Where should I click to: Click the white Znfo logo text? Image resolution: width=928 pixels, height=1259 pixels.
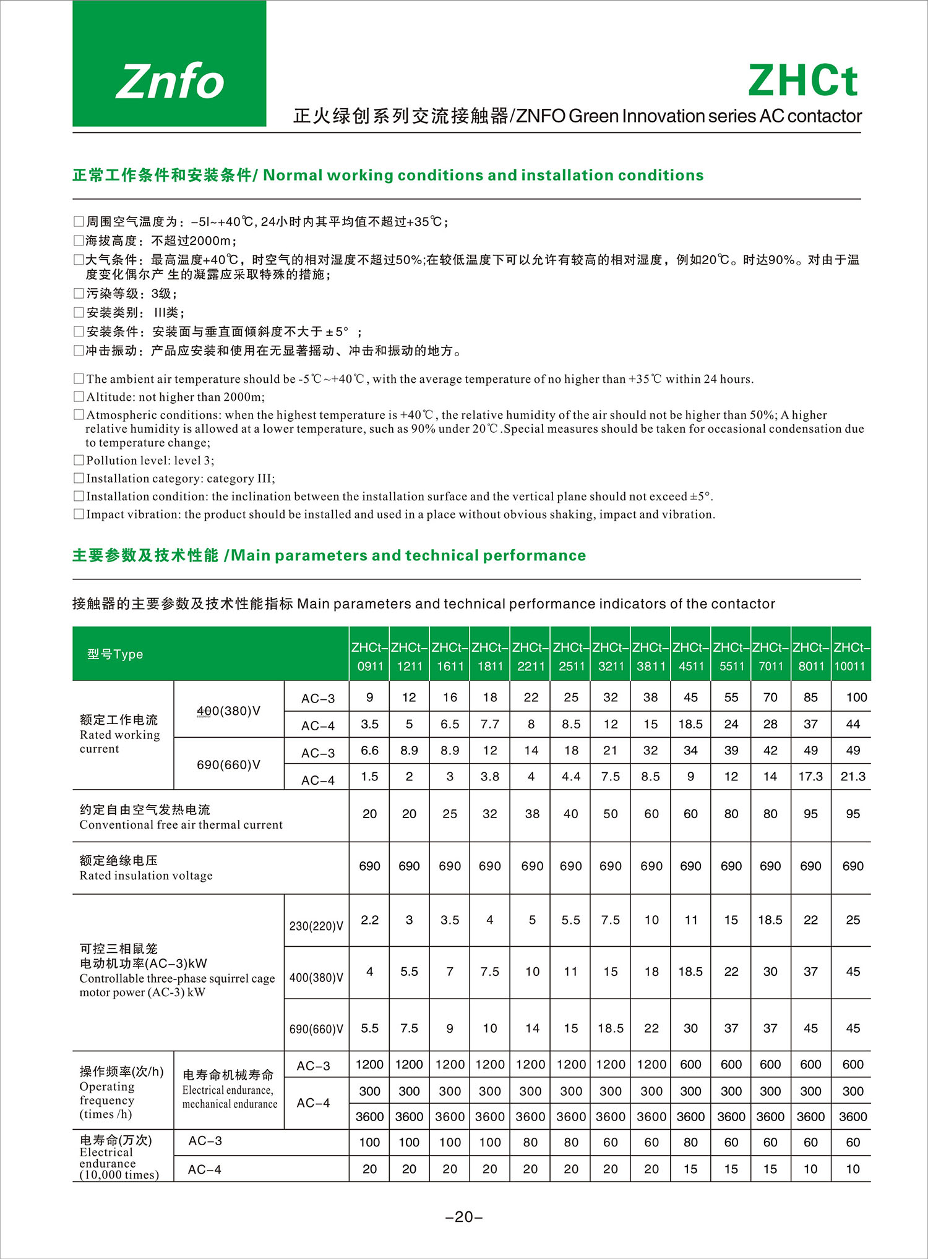coord(170,82)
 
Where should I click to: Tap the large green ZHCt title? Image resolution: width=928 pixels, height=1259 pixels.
coord(803,81)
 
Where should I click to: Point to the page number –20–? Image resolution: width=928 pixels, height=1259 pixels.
coord(464,1217)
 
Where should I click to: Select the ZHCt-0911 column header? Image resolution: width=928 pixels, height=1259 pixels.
coord(369,657)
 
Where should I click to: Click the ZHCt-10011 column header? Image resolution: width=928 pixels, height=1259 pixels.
coord(851,657)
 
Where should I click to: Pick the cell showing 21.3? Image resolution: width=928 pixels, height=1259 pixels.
coord(853,777)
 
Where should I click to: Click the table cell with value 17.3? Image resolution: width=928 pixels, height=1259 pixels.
coord(810,777)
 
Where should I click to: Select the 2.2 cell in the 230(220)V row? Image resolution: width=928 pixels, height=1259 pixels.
coord(369,920)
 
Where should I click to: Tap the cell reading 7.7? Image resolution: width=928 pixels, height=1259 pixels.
coord(489,724)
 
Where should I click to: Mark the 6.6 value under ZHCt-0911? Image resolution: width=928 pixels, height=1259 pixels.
coord(369,751)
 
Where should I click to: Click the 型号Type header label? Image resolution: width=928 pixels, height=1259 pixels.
coord(115,654)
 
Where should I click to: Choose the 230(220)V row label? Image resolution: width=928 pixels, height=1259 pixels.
coord(316,926)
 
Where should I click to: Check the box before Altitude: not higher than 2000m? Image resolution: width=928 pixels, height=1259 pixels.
coord(79,396)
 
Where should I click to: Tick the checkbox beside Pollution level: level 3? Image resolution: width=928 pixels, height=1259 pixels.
coord(79,460)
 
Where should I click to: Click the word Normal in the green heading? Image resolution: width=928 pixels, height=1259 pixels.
coord(293,175)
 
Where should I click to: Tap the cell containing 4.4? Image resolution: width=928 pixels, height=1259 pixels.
coord(570,777)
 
